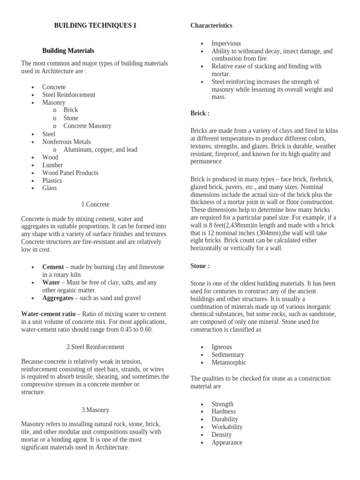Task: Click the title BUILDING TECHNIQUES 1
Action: click(95, 26)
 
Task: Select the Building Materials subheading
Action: click(68, 51)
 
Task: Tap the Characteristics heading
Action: click(211, 26)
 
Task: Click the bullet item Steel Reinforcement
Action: click(68, 95)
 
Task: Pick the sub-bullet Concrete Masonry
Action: click(87, 126)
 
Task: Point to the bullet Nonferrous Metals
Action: click(67, 142)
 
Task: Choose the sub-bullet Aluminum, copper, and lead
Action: click(100, 150)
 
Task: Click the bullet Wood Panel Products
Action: click(70, 172)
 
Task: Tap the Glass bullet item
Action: click(49, 188)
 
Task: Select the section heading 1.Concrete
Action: click(95, 204)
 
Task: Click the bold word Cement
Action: click(53, 267)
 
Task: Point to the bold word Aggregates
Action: click(58, 298)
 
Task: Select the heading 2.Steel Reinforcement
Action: click(95, 347)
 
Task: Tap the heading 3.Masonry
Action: click(95, 410)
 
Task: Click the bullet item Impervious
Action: click(226, 44)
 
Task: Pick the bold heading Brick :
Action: click(200, 113)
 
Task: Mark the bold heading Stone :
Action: click(200, 266)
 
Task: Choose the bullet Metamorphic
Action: click(229, 362)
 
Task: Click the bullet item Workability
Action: click(227, 427)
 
